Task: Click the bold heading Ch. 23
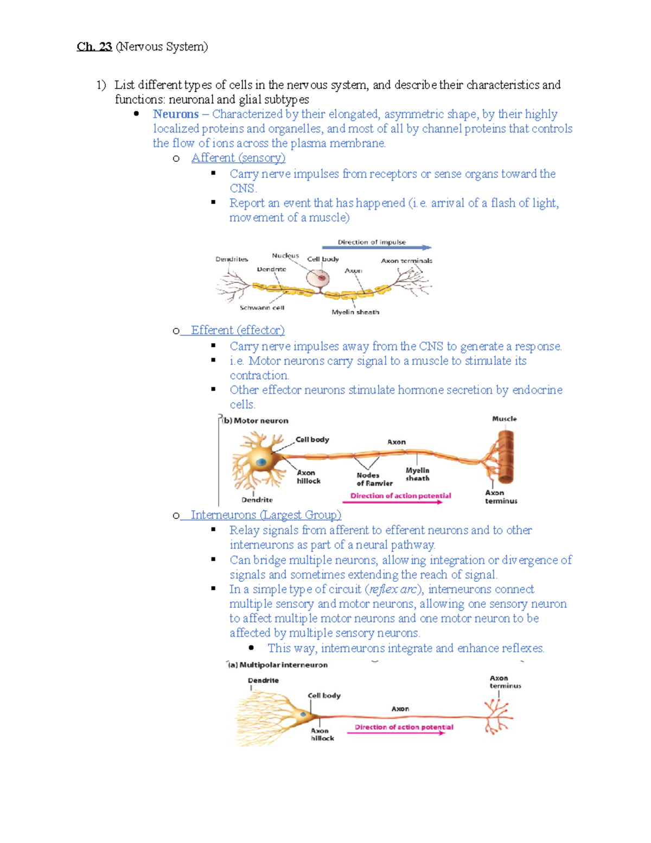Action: point(94,47)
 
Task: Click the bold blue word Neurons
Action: point(175,114)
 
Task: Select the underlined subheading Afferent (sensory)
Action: point(238,158)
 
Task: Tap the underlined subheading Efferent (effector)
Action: point(238,330)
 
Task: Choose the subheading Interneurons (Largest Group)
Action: point(266,515)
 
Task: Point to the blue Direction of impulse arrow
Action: point(376,248)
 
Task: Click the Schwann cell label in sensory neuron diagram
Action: point(262,308)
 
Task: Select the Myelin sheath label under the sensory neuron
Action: point(355,312)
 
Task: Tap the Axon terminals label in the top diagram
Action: point(406,261)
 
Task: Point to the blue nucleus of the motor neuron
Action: point(261,462)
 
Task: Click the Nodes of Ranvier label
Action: point(374,479)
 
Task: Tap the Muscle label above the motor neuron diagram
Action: point(504,419)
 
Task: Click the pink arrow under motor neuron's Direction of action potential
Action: point(393,502)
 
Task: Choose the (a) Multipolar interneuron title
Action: point(278,665)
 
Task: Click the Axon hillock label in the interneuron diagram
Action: point(322,734)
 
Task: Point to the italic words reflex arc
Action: point(393,590)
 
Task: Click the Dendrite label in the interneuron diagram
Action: point(263,680)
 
